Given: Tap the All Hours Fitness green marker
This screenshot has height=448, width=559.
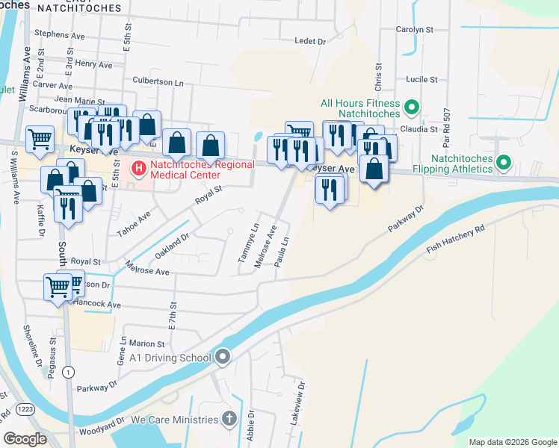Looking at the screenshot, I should (x=411, y=109).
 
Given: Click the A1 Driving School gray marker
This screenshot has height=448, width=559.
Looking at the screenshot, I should (x=223, y=357).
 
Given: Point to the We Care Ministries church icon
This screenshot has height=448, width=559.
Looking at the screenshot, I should (x=229, y=420).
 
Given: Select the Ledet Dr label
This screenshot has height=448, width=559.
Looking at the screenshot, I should (x=311, y=42).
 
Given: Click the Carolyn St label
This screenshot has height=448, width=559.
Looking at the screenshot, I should (x=416, y=30).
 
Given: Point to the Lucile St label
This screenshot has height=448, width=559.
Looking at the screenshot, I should (x=420, y=79).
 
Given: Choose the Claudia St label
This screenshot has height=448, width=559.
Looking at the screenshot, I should (x=419, y=129).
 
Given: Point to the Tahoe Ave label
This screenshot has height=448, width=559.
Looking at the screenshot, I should (x=133, y=223).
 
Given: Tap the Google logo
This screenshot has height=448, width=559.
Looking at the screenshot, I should (x=25, y=439).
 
